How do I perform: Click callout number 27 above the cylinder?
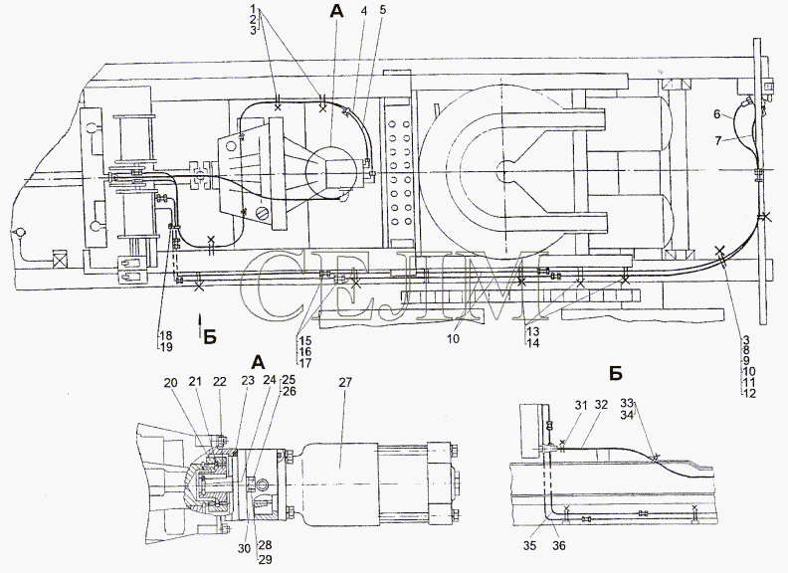click(x=345, y=383)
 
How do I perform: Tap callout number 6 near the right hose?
click(x=717, y=114)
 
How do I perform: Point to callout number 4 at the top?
click(x=365, y=10)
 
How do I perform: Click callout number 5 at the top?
click(x=383, y=10)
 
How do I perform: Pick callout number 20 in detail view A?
click(x=171, y=383)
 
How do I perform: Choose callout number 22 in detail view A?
click(x=220, y=382)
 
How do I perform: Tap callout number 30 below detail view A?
click(x=244, y=549)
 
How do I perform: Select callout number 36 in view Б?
click(x=559, y=545)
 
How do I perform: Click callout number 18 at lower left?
click(x=166, y=335)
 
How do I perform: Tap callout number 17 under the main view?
click(x=305, y=363)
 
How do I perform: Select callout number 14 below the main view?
click(x=532, y=343)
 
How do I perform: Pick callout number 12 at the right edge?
click(x=749, y=394)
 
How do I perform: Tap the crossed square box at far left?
click(x=60, y=261)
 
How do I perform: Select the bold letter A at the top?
click(x=336, y=12)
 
